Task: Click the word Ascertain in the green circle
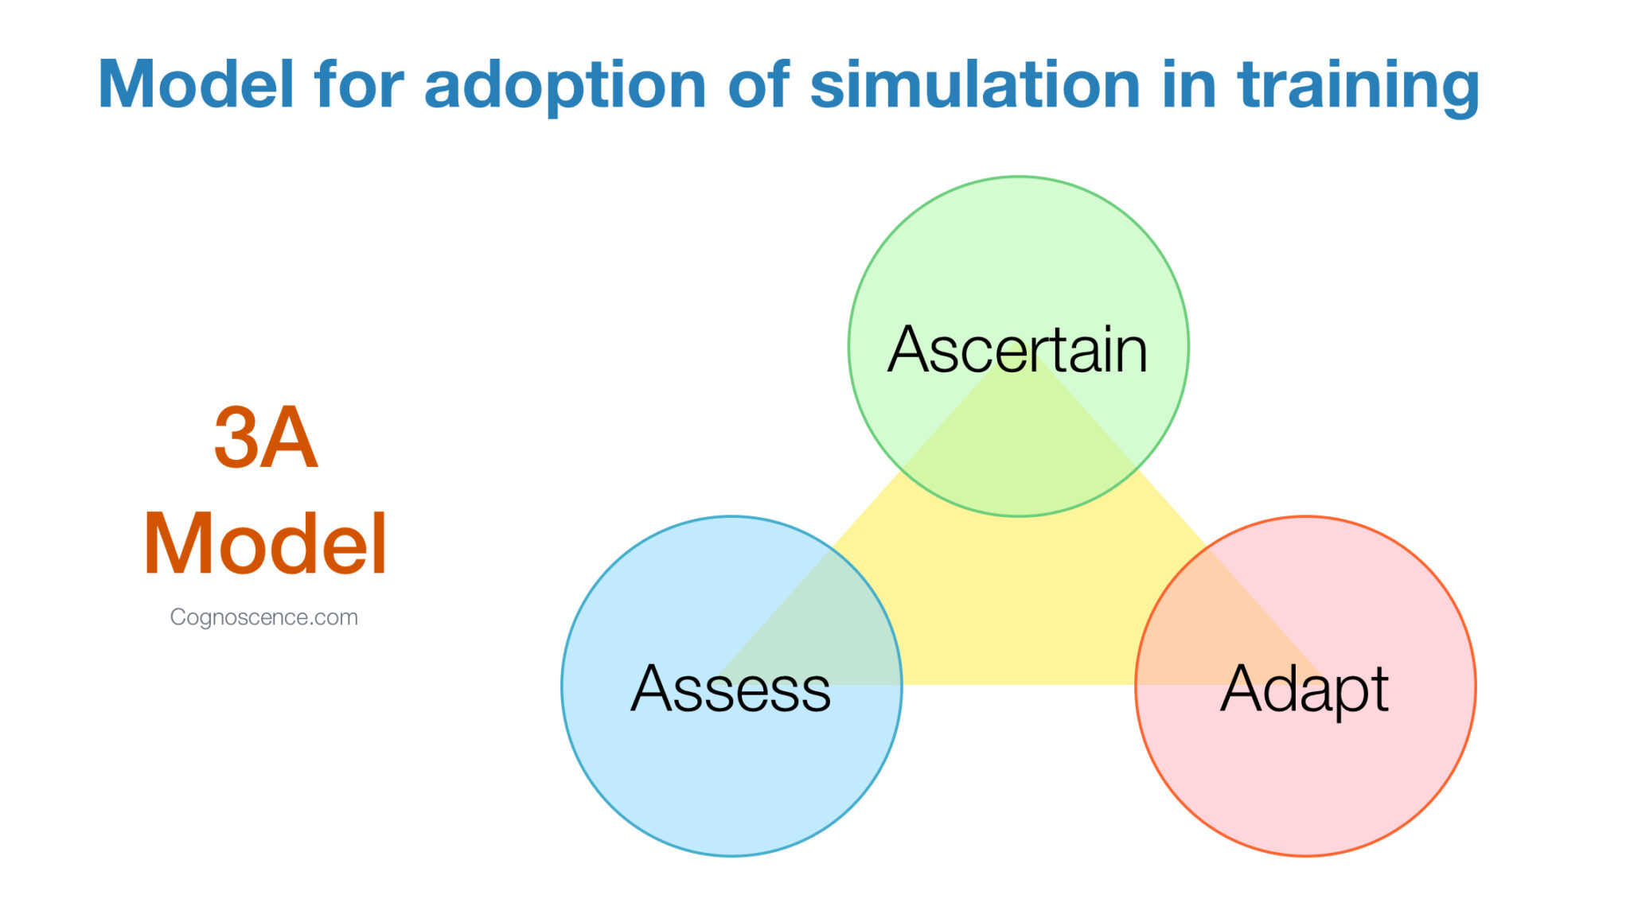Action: [1017, 350]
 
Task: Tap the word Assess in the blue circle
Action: [731, 689]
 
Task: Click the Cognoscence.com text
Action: [263, 617]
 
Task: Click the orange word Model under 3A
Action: [265, 544]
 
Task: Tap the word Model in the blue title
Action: [196, 84]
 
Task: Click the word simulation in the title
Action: [975, 84]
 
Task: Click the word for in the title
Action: [358, 84]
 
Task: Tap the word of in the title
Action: [758, 84]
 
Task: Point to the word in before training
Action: [1188, 84]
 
